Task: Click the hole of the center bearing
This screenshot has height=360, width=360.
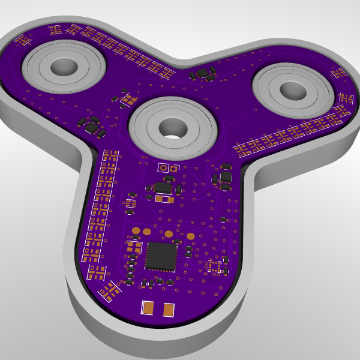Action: pos(172,128)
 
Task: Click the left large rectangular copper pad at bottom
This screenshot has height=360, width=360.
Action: pos(148,308)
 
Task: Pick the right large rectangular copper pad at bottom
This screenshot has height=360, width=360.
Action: pos(169,310)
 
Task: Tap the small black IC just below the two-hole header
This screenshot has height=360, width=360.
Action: pos(163,187)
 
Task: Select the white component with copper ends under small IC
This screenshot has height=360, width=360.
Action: pos(163,199)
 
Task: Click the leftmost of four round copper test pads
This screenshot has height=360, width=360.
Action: pos(136,230)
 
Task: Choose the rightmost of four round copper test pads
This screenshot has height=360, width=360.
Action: pos(190,236)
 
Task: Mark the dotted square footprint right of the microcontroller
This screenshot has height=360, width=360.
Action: pos(215,266)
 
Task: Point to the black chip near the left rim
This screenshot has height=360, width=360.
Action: pos(92,128)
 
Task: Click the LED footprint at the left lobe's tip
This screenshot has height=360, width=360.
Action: pos(23,41)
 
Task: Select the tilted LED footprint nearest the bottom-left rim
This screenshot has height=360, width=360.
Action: pos(110,292)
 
